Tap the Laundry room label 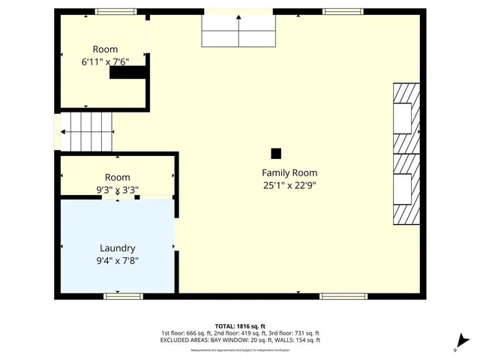click(x=118, y=248)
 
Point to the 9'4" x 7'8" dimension click(x=118, y=261)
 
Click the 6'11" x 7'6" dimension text click(x=106, y=64)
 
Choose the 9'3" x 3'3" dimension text click(x=117, y=190)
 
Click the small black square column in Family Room click(x=276, y=153)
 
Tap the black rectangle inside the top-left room click(x=127, y=73)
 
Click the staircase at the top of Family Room click(x=239, y=31)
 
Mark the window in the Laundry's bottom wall click(x=123, y=296)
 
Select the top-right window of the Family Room click(x=341, y=11)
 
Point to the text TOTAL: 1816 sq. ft click(x=239, y=325)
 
